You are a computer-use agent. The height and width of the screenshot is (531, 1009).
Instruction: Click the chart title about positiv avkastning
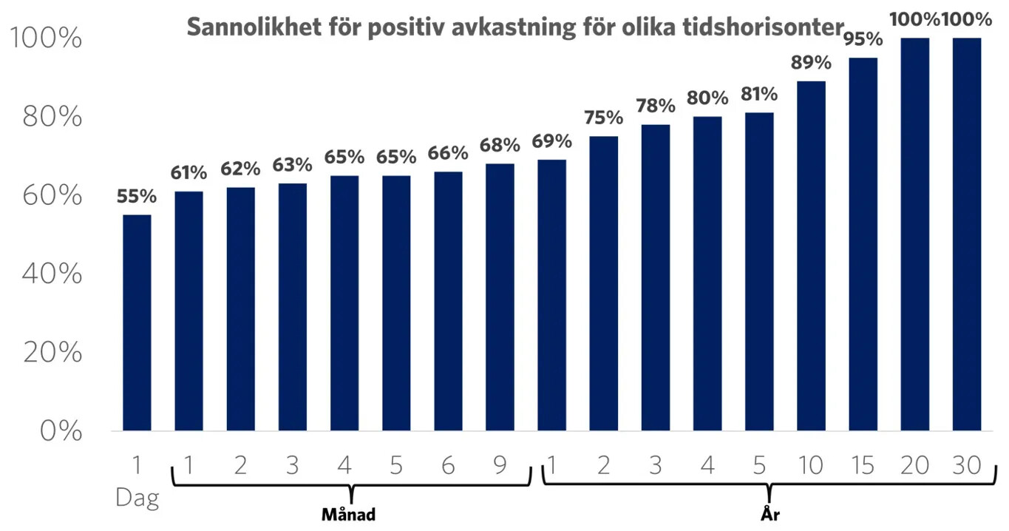[514, 27]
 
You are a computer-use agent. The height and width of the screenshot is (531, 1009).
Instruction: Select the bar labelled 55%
[137, 322]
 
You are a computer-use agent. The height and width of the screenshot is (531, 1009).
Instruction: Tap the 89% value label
[811, 64]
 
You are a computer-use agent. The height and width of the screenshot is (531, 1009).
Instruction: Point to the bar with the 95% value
[863, 244]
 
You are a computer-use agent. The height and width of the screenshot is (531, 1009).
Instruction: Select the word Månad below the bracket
[349, 514]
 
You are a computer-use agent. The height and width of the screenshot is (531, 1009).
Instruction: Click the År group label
[770, 514]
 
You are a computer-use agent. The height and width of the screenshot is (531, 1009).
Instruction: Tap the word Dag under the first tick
[137, 498]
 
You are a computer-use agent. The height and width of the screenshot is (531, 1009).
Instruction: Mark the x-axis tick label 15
[863, 466]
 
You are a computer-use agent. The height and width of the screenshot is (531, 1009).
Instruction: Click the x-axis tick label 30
[966, 466]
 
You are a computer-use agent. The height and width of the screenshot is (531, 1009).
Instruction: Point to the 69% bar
[551, 295]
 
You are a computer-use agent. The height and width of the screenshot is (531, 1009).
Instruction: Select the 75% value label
[603, 118]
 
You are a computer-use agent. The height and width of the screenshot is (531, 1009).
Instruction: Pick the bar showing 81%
[759, 271]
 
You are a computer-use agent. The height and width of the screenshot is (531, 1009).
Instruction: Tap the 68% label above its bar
[499, 146]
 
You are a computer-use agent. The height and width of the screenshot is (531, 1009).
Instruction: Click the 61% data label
[188, 174]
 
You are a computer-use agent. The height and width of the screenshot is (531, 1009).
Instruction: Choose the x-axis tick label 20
[914, 466]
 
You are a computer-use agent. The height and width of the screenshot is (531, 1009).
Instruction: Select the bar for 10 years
[811, 256]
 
